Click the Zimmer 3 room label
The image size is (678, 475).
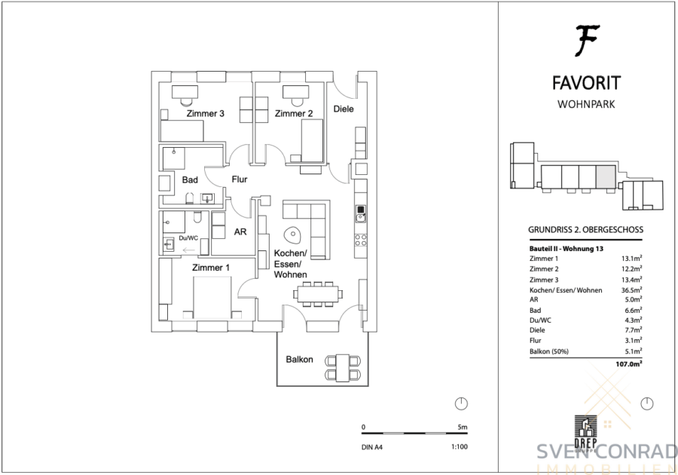click(206, 114)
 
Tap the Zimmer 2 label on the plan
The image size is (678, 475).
click(294, 114)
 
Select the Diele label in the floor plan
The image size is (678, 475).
click(344, 109)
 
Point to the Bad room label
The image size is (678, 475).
click(190, 180)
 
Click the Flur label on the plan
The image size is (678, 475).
click(240, 179)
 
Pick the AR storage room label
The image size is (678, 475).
click(240, 232)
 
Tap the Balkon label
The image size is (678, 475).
click(299, 360)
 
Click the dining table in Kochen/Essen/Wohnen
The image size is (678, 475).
click(318, 294)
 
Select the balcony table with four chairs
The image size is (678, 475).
click(343, 368)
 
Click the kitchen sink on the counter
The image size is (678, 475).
click(361, 214)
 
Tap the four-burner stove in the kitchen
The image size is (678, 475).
click(361, 240)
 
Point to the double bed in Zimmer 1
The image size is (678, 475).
click(212, 298)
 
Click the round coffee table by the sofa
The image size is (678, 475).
click(292, 235)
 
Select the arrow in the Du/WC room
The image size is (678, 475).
click(189, 250)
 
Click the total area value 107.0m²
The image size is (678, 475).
click(629, 364)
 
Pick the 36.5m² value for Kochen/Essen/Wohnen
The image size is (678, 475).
click(632, 290)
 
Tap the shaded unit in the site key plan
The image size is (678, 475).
click(606, 177)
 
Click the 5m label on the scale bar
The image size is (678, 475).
click(463, 427)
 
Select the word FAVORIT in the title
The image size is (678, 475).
click(586, 83)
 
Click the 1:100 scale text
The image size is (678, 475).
click(460, 447)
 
